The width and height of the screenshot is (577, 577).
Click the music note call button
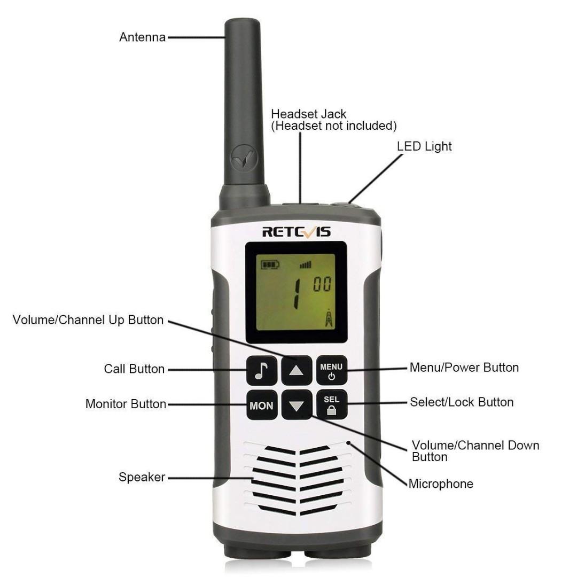pos(262,370)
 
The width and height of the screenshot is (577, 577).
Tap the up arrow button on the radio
pos(297,370)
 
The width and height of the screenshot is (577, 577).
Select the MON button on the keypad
pos(262,405)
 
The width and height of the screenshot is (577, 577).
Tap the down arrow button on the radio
pos(297,405)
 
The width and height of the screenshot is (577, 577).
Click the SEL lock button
pos(331,405)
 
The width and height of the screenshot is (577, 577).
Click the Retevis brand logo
pos(297,231)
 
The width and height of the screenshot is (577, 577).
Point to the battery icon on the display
pos(270,264)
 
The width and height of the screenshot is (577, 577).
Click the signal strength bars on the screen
pos(306,264)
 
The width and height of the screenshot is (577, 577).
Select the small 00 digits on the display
pos(322,284)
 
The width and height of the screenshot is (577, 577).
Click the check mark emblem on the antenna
pos(241,158)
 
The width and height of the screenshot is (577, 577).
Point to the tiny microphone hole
pos(348,442)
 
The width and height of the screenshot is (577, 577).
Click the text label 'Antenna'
pos(142,37)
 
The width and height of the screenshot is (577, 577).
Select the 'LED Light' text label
pos(424,146)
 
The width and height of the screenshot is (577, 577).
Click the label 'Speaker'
pos(142,477)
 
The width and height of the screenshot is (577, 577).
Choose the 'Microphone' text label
pos(441,484)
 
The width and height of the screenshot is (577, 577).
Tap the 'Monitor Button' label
pos(126,404)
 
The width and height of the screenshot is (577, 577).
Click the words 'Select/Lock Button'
pos(462,402)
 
